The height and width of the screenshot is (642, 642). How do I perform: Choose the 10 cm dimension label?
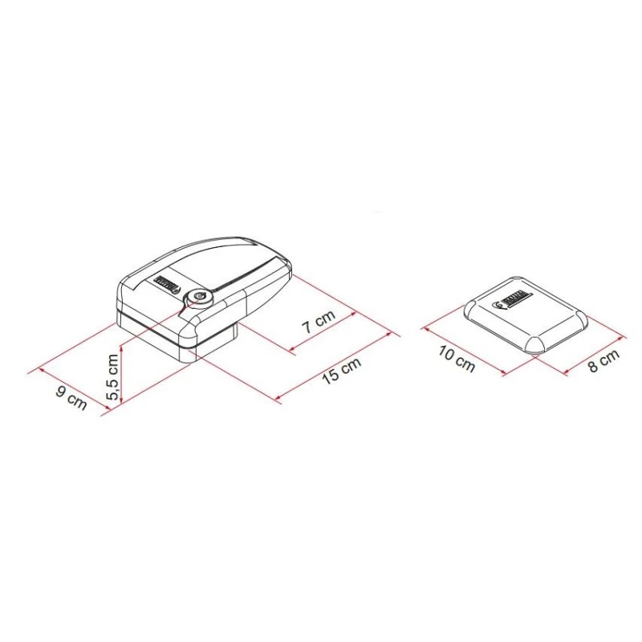point(458,362)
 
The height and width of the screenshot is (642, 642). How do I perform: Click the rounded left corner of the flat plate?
point(470,307)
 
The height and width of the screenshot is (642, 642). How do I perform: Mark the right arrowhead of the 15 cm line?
point(398,334)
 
